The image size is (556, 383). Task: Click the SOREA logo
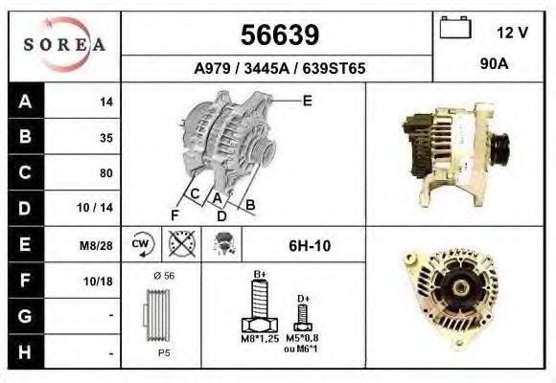point(64,45)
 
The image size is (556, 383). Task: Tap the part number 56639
point(280,35)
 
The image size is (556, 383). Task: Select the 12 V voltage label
point(512,33)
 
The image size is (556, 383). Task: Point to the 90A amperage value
point(494,64)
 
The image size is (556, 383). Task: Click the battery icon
point(455,27)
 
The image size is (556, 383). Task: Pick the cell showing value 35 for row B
point(81,137)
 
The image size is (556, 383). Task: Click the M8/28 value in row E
point(96,245)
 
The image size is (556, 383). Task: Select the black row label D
point(26,209)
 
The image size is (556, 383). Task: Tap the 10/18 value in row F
point(98,282)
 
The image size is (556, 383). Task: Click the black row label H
point(26,351)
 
